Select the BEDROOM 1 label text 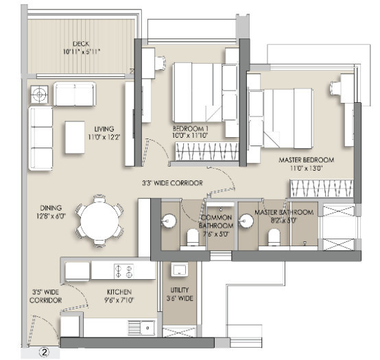pos(190,132)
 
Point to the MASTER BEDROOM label pos(306,163)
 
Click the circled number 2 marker pos(43,354)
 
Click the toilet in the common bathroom pos(193,237)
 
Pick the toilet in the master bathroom pos(272,237)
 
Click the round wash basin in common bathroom pos(169,221)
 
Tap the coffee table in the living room pos(74,137)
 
